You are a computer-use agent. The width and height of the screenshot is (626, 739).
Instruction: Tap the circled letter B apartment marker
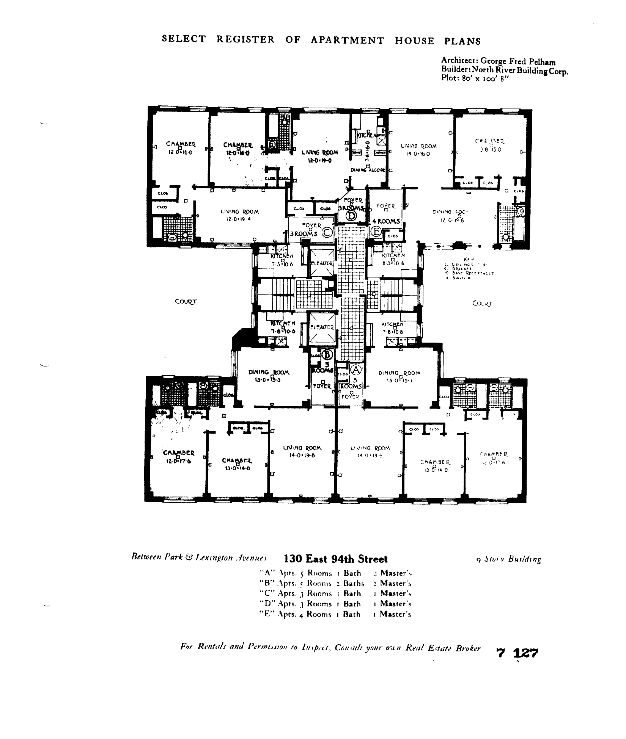pos(327,354)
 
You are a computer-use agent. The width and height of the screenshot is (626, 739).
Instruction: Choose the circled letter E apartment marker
pos(376,231)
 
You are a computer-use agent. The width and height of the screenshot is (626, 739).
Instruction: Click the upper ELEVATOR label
pos(322,263)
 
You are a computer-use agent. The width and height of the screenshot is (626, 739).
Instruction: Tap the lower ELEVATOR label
pos(322,327)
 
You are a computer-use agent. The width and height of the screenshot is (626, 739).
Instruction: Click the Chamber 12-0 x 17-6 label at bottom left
pos(179,456)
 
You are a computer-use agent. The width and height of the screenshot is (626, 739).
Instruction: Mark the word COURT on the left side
pos(186,302)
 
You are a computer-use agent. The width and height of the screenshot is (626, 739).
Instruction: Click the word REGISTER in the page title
pos(245,40)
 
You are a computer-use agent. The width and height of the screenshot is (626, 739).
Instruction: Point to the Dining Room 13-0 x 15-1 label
pos(399,376)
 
